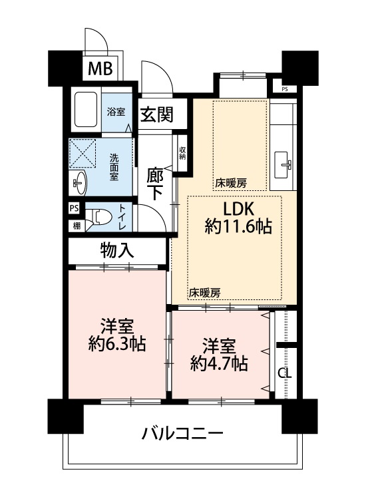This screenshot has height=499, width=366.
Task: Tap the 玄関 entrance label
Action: pyautogui.click(x=157, y=114)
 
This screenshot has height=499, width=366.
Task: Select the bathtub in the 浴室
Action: pyautogui.click(x=86, y=110)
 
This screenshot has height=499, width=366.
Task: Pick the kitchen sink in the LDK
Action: pyautogui.click(x=281, y=165)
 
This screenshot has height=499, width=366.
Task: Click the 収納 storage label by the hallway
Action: pyautogui.click(x=182, y=153)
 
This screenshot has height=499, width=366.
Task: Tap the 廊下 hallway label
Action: pyautogui.click(x=155, y=184)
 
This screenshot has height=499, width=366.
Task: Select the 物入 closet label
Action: pyautogui.click(x=117, y=250)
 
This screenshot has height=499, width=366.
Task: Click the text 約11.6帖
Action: pyautogui.click(x=238, y=227)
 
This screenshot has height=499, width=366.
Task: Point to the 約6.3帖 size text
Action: pyautogui.click(x=117, y=343)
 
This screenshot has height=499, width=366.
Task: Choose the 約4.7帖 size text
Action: pyautogui.click(x=219, y=363)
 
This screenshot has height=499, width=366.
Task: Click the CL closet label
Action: pyautogui.click(x=285, y=373)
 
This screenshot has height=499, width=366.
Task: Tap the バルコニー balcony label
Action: pyautogui.click(x=182, y=433)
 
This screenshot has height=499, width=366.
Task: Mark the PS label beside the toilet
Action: pyautogui.click(x=74, y=208)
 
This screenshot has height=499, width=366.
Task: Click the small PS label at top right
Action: pyautogui.click(x=285, y=89)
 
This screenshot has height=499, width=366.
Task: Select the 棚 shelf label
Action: pyautogui.click(x=77, y=226)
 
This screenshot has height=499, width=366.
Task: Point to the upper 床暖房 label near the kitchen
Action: pyautogui.click(x=231, y=183)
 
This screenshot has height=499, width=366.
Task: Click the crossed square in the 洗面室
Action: pyautogui.click(x=83, y=153)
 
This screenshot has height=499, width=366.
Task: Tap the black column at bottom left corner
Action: pyautogui.click(x=66, y=416)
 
